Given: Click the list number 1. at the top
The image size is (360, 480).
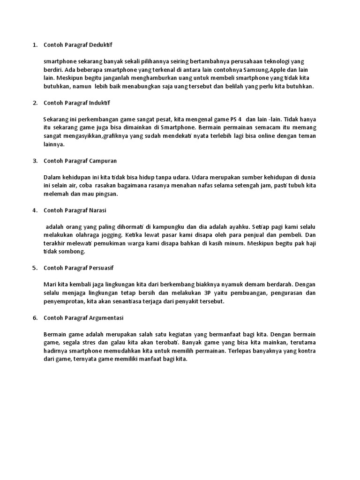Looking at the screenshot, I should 35,45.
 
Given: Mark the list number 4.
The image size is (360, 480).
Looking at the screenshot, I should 35,210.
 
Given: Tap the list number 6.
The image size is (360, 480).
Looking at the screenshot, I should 35,317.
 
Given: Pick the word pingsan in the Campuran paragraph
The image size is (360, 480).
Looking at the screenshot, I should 106,194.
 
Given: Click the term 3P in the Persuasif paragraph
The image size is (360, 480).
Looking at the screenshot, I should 208,292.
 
